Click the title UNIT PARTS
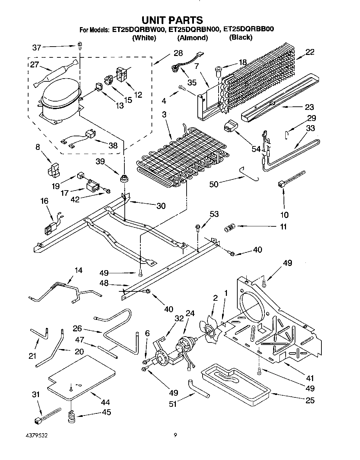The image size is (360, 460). coord(172,20)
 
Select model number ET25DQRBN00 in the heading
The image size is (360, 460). coord(194,29)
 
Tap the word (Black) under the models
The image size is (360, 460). coord(240,38)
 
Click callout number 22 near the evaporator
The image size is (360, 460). coord(310,52)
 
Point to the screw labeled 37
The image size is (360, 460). coord(80,46)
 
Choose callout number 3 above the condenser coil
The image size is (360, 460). coord(164,115)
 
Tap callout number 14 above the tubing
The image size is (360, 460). coord(79,270)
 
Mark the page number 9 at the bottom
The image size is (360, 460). coord(175,435)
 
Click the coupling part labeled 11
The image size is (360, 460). coord(229,229)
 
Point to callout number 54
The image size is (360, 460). coord(256,149)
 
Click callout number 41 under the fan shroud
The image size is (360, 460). coord(310,378)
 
